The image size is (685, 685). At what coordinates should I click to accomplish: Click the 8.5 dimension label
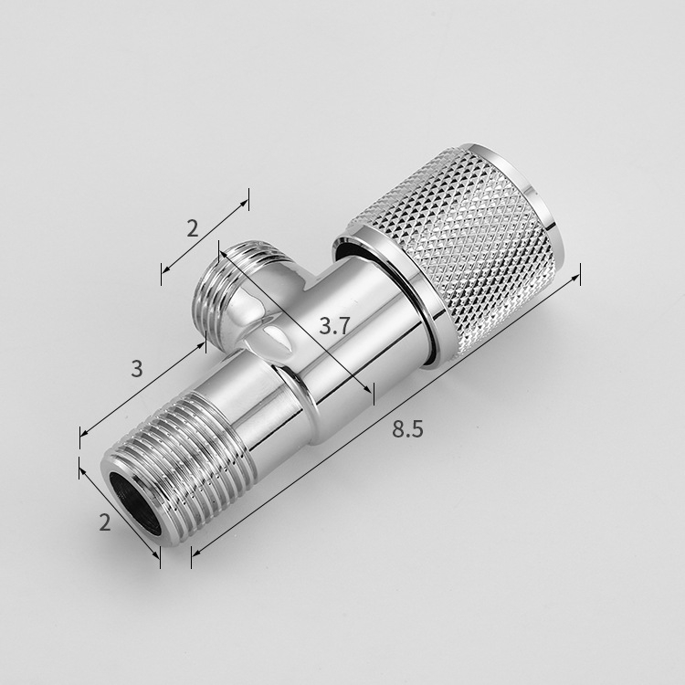pos(407,429)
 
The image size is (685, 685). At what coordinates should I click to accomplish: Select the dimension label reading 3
pos(137,369)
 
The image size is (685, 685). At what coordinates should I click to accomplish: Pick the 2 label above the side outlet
pos(192,228)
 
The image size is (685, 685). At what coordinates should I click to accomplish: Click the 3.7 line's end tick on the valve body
pos(371,391)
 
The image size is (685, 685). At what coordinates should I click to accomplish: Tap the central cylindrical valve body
pos(338,374)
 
